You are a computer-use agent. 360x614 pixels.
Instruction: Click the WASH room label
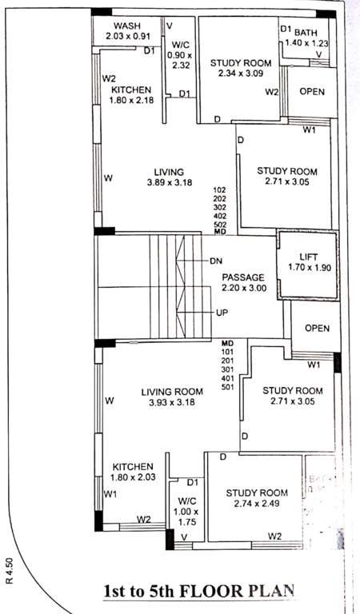point(126,25)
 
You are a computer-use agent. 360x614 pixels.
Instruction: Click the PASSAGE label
point(243,277)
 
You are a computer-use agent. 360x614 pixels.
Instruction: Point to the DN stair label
point(216,261)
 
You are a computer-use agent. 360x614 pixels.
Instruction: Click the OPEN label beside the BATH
point(312,91)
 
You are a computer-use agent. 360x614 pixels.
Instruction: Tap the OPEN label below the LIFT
point(317,328)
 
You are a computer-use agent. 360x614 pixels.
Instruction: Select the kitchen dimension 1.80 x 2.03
point(132,477)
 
